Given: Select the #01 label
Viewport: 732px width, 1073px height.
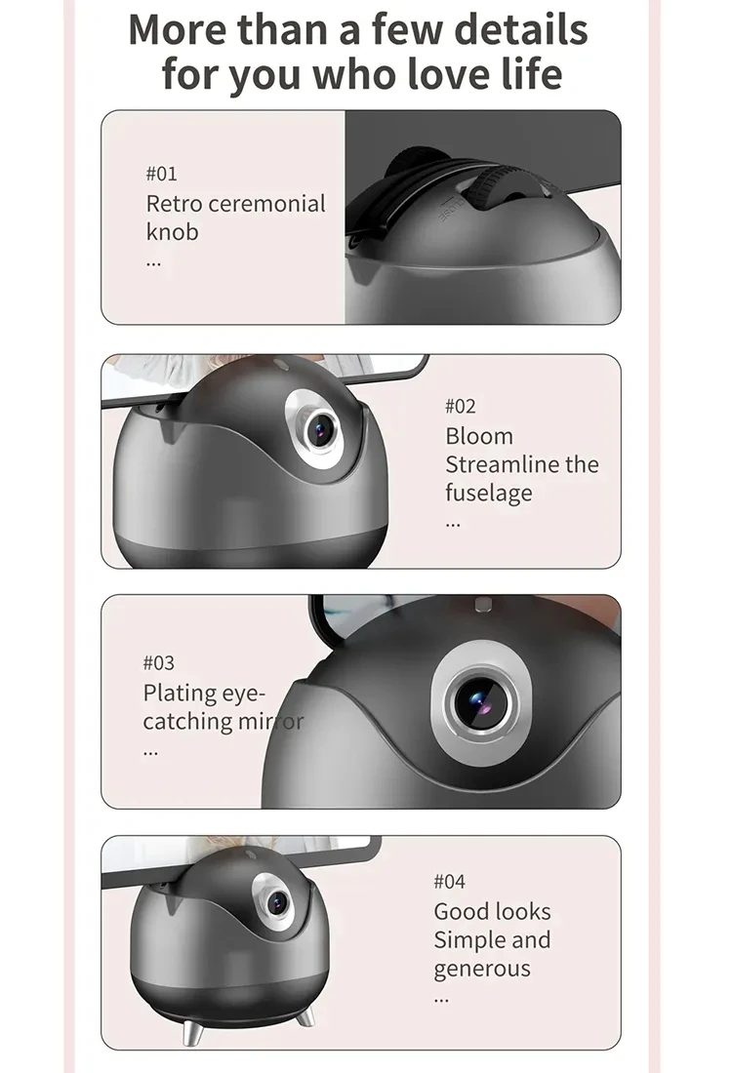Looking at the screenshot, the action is (x=161, y=174).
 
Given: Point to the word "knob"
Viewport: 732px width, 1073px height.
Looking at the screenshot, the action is (x=172, y=232).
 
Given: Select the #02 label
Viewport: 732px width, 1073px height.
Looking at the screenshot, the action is (x=461, y=406).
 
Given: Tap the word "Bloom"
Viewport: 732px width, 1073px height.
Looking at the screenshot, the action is (x=478, y=436).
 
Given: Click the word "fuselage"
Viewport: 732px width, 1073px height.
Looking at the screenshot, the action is (x=489, y=493).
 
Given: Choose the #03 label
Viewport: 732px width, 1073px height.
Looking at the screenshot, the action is (x=159, y=663).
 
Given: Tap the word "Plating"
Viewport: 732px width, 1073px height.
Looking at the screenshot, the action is (x=180, y=694).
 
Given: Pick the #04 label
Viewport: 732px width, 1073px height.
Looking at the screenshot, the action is (x=449, y=882).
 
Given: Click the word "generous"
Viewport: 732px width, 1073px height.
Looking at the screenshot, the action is (x=482, y=969).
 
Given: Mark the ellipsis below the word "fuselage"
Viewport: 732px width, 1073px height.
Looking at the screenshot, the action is (x=452, y=524).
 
